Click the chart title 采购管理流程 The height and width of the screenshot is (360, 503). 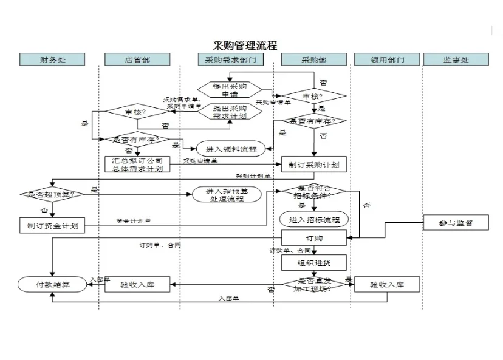pos(245,46)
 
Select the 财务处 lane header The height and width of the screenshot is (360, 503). pos(52,59)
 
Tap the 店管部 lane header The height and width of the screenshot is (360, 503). pos(137,59)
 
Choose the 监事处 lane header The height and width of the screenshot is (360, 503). pos(456,59)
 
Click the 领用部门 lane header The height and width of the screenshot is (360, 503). pos(387,59)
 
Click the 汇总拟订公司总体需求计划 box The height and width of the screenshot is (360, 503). pos(137,165)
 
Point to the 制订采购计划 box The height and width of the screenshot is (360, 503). pos(313,165)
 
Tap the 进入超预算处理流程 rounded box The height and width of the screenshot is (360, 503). pos(226,194)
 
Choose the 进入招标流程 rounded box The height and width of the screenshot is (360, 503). pos(313,219)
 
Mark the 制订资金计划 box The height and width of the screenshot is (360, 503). pos(52,225)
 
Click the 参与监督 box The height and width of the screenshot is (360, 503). pos(456,223)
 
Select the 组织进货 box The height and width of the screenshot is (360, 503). pos(313,262)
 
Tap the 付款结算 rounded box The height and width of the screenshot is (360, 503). pos(52,284)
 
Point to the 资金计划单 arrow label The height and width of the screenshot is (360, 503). pos(134,220)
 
